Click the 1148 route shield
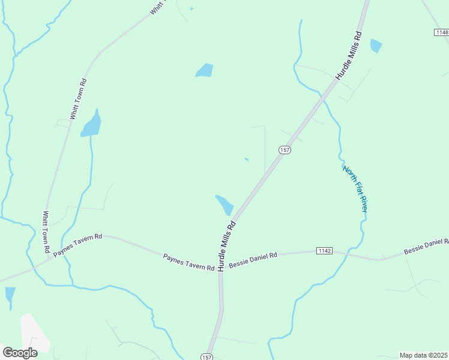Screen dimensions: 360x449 coord(441,31)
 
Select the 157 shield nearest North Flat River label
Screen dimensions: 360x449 coord(285,149)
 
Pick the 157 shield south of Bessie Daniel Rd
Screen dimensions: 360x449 coord(206,356)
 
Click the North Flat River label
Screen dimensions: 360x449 coord(355,188)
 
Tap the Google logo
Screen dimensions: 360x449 coord(20,352)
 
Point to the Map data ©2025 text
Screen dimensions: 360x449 coord(424,355)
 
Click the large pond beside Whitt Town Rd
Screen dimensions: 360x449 coord(91,125)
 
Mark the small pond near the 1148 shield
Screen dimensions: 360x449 coord(376,46)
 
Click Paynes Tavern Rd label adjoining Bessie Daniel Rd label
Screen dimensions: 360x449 coord(188,262)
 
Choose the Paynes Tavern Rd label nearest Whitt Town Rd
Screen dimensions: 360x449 coord(78,245)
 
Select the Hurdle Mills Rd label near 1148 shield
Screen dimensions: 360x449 coord(349,56)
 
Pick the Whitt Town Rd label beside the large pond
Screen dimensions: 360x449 coord(79,100)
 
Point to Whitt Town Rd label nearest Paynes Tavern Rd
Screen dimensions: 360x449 coord(46,231)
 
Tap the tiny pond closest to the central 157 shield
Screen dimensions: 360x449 coord(247,159)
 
